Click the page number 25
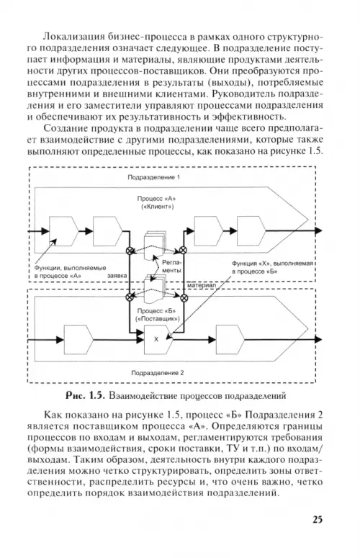click(x=318, y=519)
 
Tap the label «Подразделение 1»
click(x=153, y=177)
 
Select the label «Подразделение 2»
click(x=158, y=373)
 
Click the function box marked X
click(x=158, y=340)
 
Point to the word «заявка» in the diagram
click(x=117, y=276)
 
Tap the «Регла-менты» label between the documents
click(x=171, y=266)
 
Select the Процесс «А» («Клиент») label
click(x=156, y=202)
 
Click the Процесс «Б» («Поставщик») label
click(x=157, y=315)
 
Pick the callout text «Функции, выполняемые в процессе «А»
click(x=70, y=271)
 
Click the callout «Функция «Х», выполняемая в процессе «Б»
click(x=272, y=267)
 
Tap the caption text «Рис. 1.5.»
click(x=85, y=395)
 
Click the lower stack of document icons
click(x=155, y=289)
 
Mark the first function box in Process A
click(x=63, y=231)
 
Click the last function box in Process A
click(x=251, y=231)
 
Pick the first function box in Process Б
click(x=78, y=340)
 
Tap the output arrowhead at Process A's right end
click(x=318, y=230)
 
